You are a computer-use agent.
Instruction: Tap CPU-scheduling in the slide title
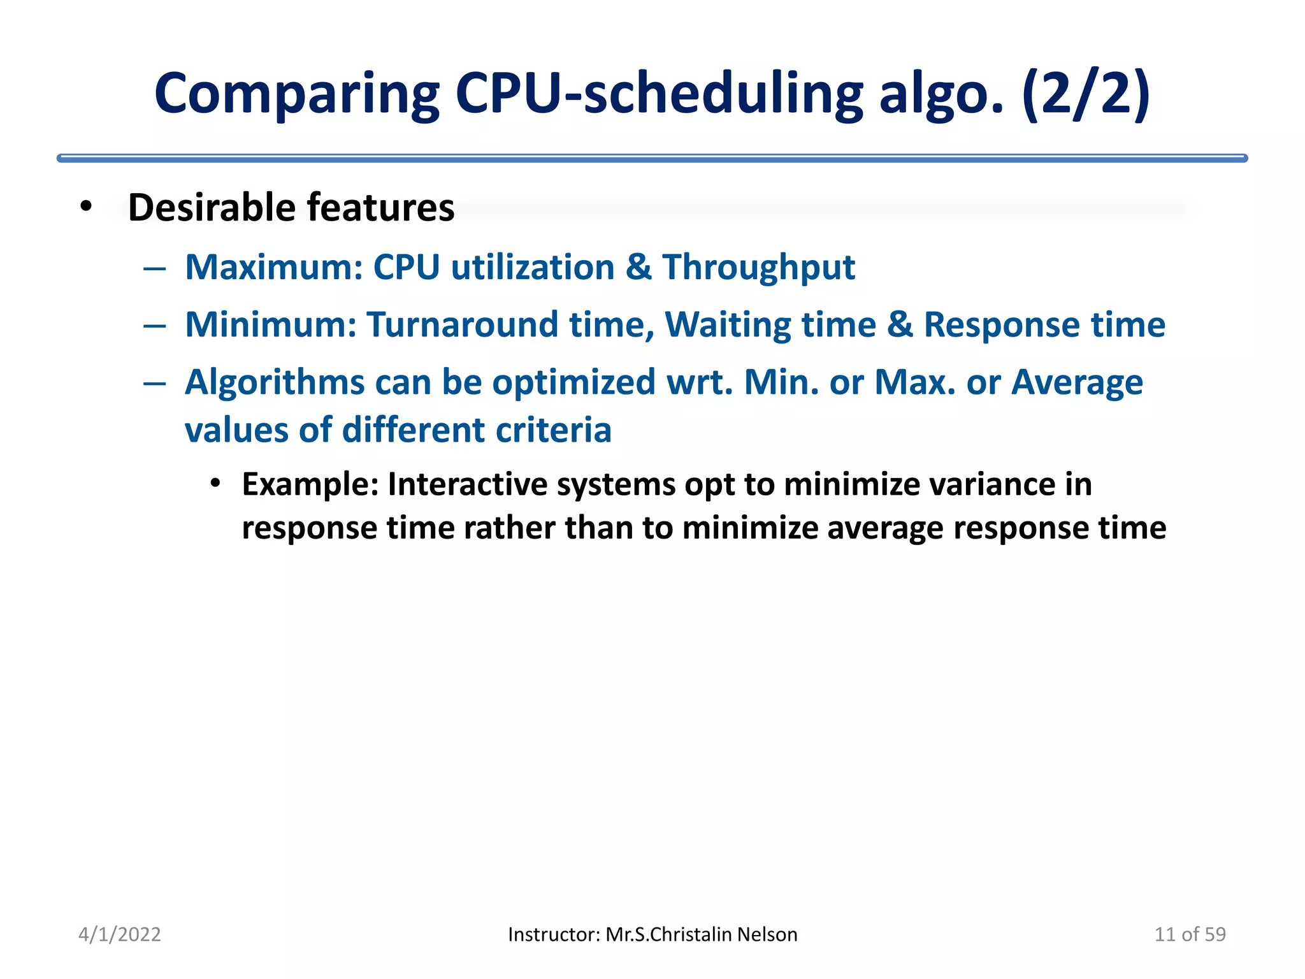[x=659, y=94]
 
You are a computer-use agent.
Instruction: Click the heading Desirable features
[x=291, y=208]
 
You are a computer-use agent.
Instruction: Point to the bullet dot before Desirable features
[x=86, y=207]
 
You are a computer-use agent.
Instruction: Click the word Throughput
[x=758, y=267]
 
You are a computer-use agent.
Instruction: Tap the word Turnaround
[x=462, y=324]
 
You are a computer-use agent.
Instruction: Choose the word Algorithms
[x=275, y=382]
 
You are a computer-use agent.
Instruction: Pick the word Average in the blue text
[x=1077, y=382]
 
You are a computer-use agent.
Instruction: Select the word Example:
[x=310, y=484]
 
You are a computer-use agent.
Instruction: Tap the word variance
[x=990, y=484]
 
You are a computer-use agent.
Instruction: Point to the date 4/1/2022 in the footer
[x=119, y=934]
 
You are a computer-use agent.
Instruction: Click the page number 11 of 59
[x=1190, y=934]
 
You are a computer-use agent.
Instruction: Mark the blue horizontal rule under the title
[x=652, y=158]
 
